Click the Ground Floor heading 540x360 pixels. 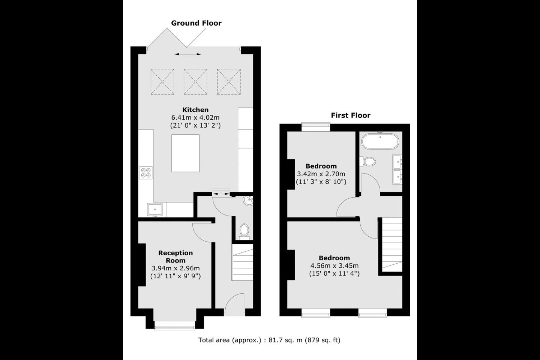pos(196,23)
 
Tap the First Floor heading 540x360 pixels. pos(351,115)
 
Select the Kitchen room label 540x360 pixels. pos(195,110)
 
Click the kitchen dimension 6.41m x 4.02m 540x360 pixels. pos(195,118)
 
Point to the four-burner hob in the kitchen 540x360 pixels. pos(146,172)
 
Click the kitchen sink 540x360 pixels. pos(155,210)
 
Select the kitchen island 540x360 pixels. pos(185,153)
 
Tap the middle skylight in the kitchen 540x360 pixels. pos(195,82)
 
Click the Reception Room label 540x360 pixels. pos(175,256)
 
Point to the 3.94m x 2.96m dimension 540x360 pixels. pos(175,268)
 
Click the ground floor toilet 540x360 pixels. pos(244,231)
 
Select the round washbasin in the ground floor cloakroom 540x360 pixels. pos(248,201)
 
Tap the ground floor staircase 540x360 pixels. pos(243,262)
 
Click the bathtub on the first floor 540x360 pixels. pos(380,141)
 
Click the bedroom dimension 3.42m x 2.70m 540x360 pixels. pos(321,174)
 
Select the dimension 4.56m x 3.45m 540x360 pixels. pos(334,266)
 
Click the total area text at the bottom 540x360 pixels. pos(269,340)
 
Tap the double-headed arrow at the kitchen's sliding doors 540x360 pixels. pos(188,54)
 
